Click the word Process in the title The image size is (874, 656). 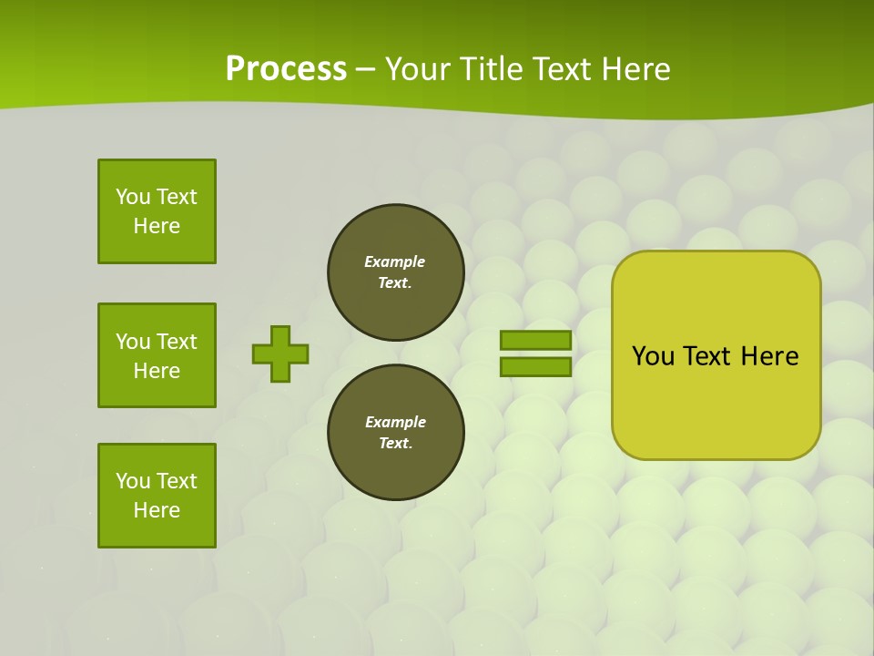click(x=286, y=69)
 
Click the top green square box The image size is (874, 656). click(x=157, y=211)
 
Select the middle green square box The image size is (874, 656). click(x=157, y=355)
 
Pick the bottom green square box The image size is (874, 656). click(x=157, y=496)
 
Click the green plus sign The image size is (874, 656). click(x=280, y=354)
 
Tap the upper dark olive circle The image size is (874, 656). click(x=395, y=272)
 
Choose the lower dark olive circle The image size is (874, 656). click(x=395, y=433)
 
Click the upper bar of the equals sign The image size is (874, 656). click(x=535, y=340)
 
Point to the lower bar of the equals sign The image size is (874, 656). click(x=535, y=366)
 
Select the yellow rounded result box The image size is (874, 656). click(x=716, y=355)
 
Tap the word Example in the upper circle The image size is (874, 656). click(x=394, y=261)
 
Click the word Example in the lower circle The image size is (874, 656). click(x=395, y=422)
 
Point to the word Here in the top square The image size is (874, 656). click(x=157, y=226)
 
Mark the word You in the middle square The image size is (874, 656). click(x=132, y=342)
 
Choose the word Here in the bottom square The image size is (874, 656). click(x=157, y=510)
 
